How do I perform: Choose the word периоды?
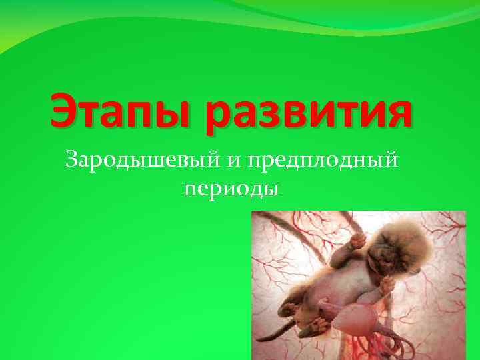coord(231,189)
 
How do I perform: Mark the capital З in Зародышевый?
coord(71,160)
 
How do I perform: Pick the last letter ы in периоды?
coord(271,189)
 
